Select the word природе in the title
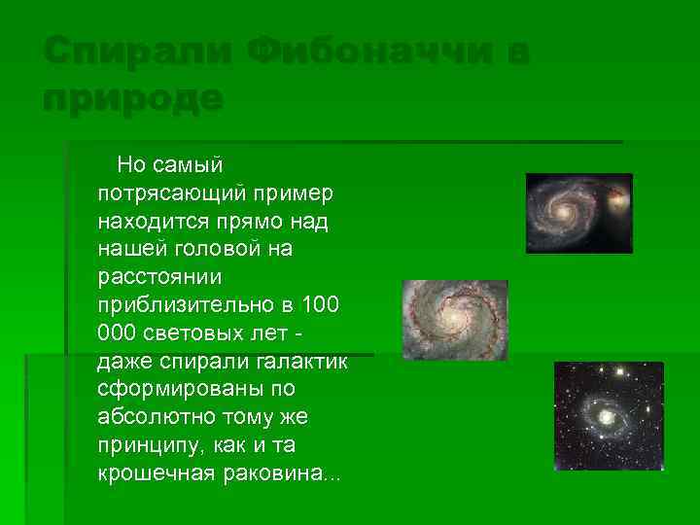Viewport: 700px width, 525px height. click(x=133, y=97)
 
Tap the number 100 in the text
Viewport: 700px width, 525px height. click(x=320, y=305)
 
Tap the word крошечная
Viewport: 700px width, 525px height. click(x=154, y=473)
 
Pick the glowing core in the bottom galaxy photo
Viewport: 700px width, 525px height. click(x=607, y=417)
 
